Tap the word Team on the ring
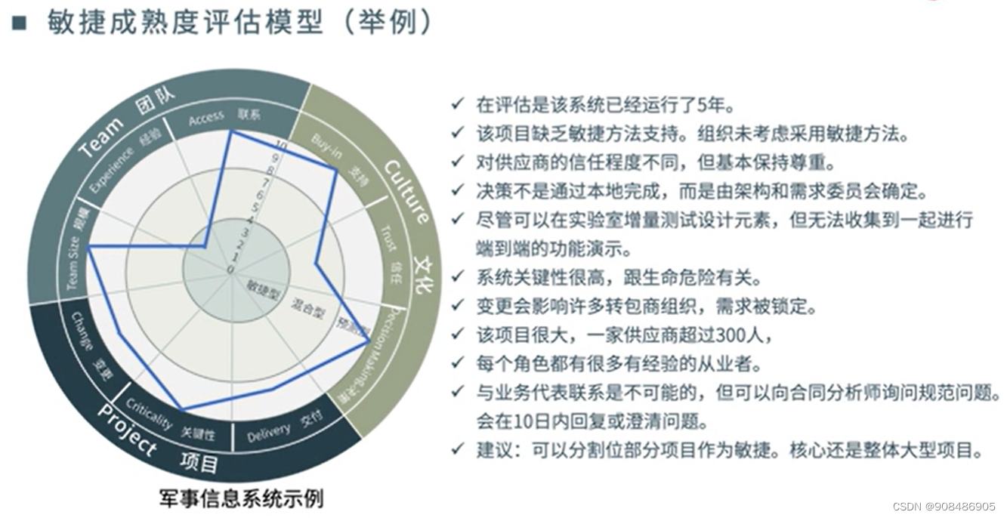tap(102, 136)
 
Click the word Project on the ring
tap(128, 427)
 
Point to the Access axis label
tap(206, 118)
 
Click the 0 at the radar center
tap(230, 269)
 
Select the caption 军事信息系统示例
tap(241, 498)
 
